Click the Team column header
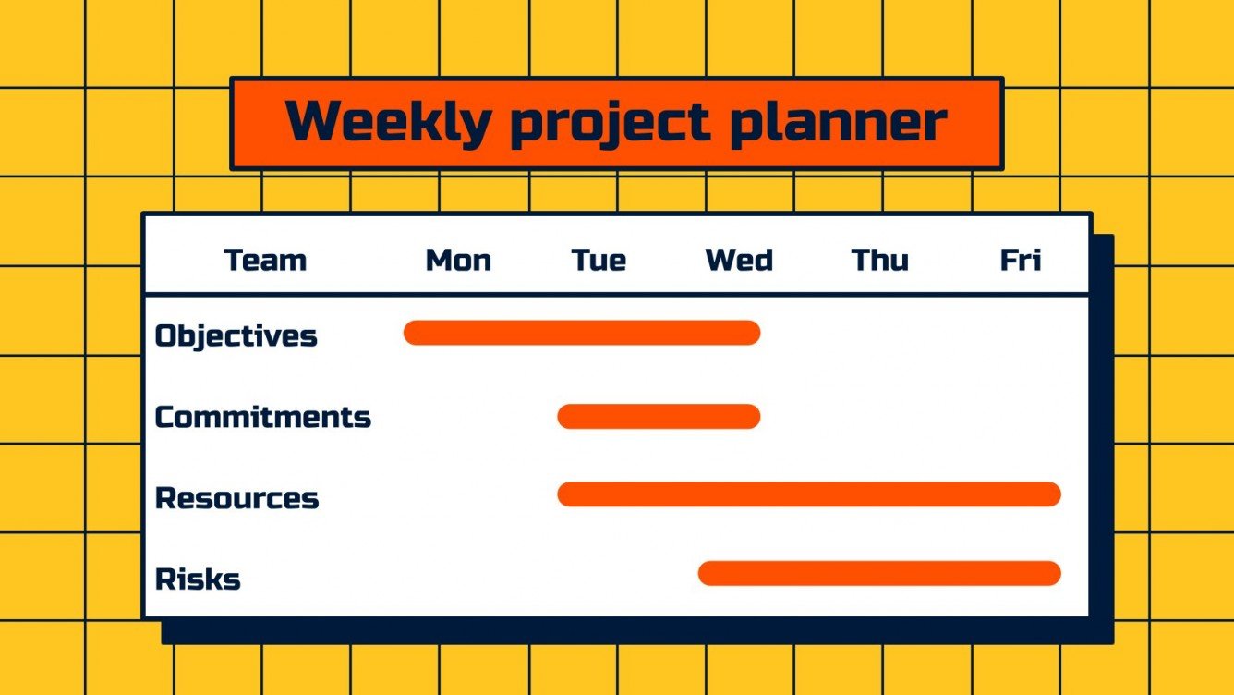[x=265, y=261]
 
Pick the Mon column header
[x=458, y=261]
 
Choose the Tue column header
[x=599, y=261]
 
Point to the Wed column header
[x=739, y=261]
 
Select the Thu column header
[x=879, y=261]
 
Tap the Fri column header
[x=1021, y=261]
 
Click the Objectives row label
[x=236, y=335]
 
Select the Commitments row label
[x=262, y=417]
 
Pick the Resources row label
[x=236, y=498]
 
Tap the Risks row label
[x=198, y=579]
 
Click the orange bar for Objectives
[x=582, y=333]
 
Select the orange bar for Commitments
[x=659, y=417]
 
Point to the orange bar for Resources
[x=809, y=494]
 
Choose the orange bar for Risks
[x=879, y=573]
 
